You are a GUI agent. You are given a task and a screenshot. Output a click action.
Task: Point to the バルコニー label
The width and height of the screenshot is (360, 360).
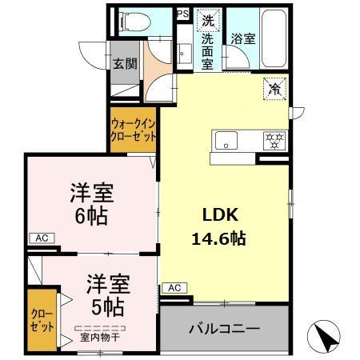tap(224, 329)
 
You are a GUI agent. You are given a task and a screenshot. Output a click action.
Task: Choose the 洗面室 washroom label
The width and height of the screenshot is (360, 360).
tap(207, 51)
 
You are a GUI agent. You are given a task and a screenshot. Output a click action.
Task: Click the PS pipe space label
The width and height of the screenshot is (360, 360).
tap(182, 14)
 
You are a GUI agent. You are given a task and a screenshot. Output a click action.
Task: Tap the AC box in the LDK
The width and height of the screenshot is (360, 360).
tap(174, 287)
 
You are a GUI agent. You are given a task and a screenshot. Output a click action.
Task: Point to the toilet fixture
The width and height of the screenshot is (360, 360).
tap(133, 22)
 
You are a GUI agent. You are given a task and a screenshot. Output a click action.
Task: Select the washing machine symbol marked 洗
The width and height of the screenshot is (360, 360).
tap(207, 20)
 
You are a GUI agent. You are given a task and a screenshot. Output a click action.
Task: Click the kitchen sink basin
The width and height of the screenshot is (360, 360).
tap(225, 140)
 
